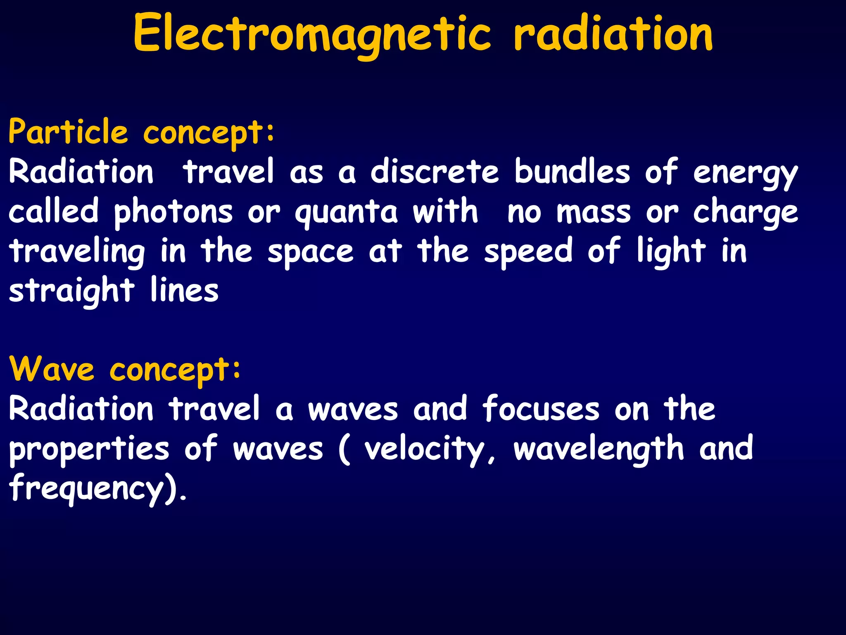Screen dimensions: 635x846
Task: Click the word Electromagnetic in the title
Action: pos(312,34)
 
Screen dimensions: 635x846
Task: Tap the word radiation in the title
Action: pos(613,34)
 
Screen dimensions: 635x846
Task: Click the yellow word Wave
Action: pos(52,369)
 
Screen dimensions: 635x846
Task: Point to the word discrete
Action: pos(435,172)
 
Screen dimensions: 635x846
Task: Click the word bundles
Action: pos(572,172)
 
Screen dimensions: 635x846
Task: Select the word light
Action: pos(671,251)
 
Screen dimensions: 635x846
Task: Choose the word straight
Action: pos(71,291)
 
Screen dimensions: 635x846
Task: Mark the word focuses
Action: pos(541,409)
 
